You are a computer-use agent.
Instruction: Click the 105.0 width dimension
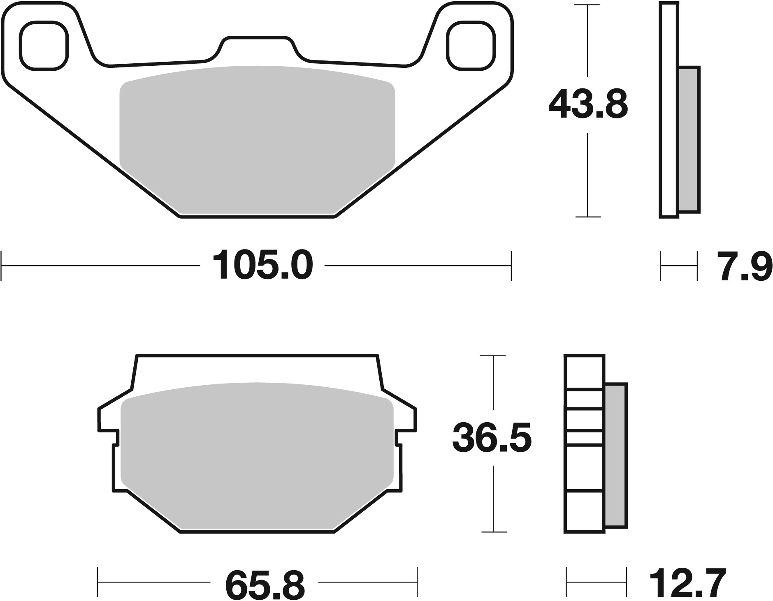pos(262,266)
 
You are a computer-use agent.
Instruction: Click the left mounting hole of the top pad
pos(44,46)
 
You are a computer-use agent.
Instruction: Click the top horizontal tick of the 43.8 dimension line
pos(587,5)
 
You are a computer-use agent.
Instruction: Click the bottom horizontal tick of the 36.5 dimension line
pos(493,532)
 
